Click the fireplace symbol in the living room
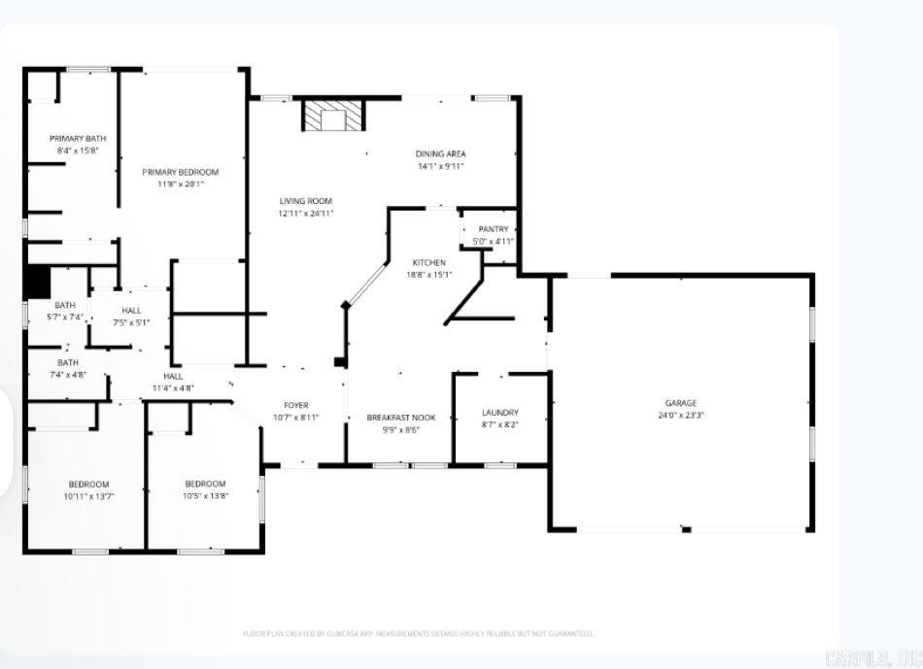(333, 117)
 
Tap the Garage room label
(680, 403)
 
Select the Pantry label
(494, 229)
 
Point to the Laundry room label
(500, 413)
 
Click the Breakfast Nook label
(400, 418)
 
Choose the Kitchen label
(428, 262)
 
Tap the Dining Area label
(441, 153)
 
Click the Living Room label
(306, 201)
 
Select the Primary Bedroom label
(180, 172)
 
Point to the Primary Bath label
(78, 138)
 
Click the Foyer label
(296, 405)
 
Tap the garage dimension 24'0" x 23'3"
(680, 416)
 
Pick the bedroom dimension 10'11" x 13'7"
(88, 496)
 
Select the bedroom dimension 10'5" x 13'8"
(205, 496)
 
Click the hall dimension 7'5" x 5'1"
(131, 322)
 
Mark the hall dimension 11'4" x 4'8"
(173, 388)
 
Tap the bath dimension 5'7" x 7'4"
(65, 317)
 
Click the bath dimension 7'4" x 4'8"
(68, 374)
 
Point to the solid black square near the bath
(37, 282)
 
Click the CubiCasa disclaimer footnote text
(418, 633)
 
